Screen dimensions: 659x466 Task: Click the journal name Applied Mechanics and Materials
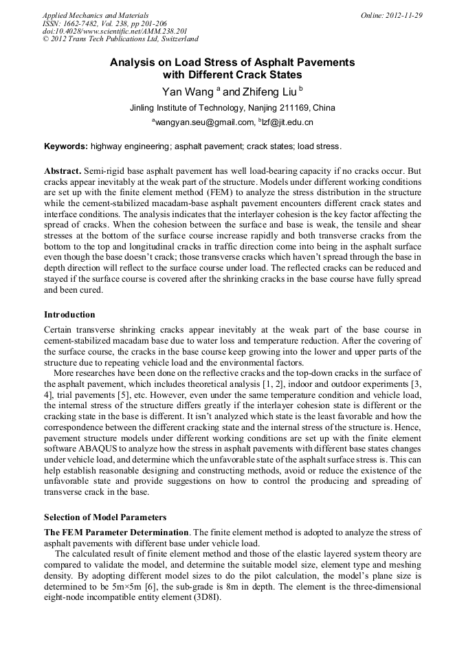tap(95, 15)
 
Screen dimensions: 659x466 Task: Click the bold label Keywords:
tap(66, 146)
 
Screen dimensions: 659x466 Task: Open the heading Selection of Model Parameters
tap(104, 517)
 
